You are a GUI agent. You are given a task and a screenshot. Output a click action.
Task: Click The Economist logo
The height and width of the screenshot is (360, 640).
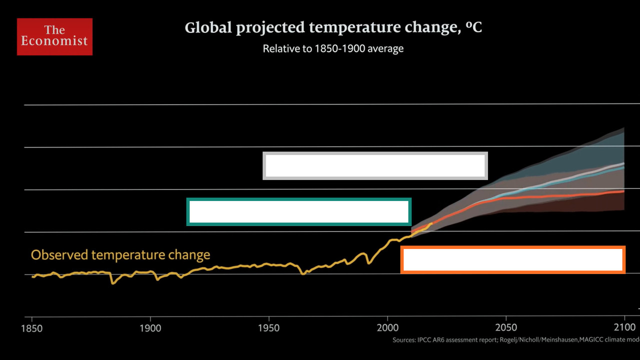pos(54,36)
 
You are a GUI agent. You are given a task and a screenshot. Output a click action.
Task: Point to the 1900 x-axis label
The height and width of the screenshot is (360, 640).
pos(150,328)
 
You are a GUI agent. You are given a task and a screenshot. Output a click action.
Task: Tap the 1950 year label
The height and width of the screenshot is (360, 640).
pos(269,328)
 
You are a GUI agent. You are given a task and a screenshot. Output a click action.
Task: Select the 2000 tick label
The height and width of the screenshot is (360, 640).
pos(387,328)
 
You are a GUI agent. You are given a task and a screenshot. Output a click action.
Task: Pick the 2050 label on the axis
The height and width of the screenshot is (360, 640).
pos(506,328)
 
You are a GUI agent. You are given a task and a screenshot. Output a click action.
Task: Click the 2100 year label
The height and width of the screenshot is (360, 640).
pos(624,328)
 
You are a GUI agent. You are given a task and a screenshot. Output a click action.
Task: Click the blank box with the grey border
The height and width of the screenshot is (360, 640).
pos(375,166)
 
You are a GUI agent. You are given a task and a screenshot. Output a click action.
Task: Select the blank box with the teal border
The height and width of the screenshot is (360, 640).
pos(299,212)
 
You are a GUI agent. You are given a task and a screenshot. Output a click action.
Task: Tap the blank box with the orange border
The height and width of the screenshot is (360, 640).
pos(513,260)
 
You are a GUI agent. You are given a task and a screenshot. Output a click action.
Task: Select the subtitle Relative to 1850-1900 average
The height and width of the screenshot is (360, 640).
pos(333,49)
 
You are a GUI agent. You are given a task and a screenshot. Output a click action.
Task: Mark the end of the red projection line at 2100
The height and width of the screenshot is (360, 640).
pos(623,191)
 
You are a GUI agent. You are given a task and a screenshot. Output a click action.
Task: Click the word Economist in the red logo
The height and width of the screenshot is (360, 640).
pos(54,41)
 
